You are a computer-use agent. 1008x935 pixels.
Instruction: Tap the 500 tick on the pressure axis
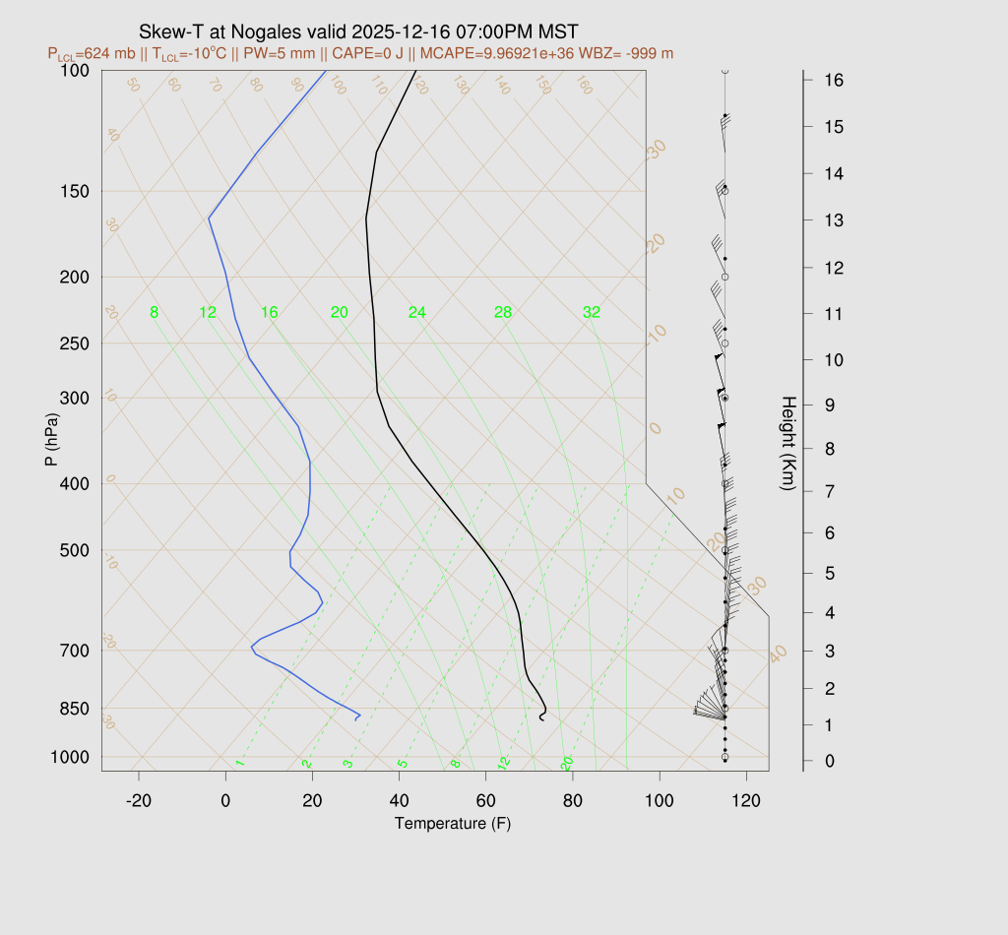[x=75, y=550]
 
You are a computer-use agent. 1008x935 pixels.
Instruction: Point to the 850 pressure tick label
[x=75, y=709]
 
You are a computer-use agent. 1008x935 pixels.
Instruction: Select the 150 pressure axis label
[x=75, y=191]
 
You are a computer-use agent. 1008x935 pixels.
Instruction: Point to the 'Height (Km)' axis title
[x=787, y=445]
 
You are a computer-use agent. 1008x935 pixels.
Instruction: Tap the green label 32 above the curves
[x=591, y=313]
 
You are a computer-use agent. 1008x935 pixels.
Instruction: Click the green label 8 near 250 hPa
[x=154, y=313]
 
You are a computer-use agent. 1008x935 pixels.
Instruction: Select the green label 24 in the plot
[x=416, y=313]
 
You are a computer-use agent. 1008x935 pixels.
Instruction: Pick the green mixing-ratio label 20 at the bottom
[x=567, y=764]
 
